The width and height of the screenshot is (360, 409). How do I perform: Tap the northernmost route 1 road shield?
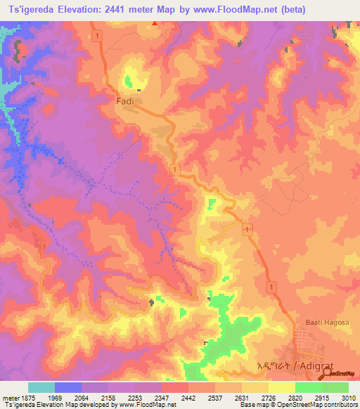[102, 34]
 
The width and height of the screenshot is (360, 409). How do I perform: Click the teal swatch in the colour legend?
[41, 387]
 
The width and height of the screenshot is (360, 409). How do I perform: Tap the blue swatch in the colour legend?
[68, 387]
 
